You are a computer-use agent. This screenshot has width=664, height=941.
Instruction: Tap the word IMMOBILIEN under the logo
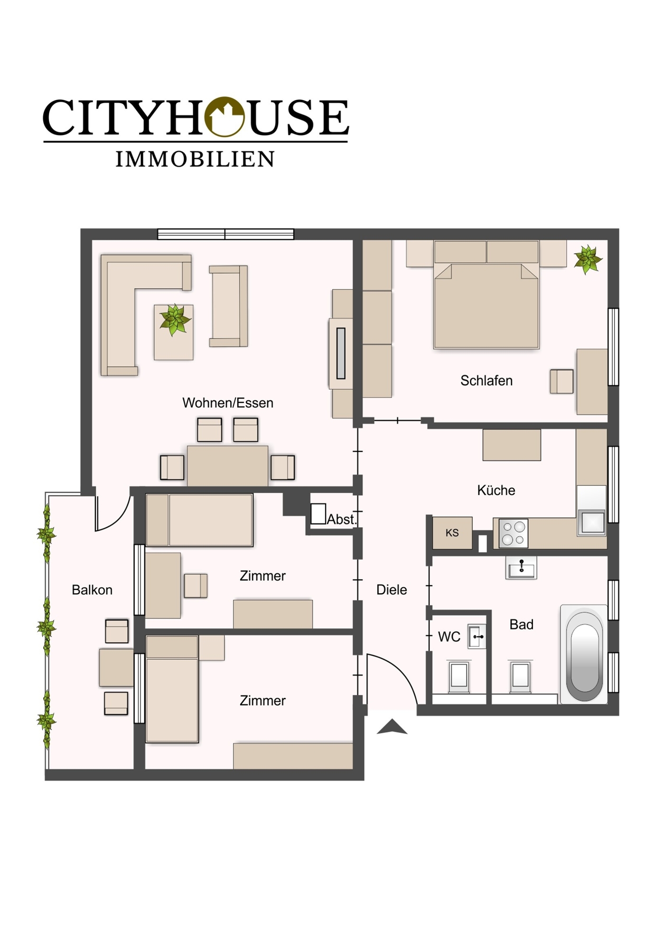(195, 160)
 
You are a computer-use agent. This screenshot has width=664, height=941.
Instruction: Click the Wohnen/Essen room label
(228, 403)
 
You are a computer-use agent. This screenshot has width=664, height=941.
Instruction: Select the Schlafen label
(486, 381)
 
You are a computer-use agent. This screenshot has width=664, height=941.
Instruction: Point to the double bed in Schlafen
(486, 304)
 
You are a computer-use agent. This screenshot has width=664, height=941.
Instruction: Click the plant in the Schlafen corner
(588, 260)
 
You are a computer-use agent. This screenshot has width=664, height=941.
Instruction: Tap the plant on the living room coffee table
(175, 320)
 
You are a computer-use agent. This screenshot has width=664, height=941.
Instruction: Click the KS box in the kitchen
(452, 533)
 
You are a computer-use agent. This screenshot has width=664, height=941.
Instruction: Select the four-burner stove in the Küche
(513, 533)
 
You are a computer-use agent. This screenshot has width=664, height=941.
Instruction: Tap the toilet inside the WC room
(459, 675)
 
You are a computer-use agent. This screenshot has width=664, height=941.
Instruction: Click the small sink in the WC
(477, 637)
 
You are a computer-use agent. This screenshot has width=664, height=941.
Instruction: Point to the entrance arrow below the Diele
(392, 727)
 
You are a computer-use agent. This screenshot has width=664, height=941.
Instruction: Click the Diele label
(392, 590)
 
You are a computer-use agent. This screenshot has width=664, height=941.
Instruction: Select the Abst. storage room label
(341, 520)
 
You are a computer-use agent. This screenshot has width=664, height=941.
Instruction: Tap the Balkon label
(92, 590)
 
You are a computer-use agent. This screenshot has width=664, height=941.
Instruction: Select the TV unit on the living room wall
(341, 353)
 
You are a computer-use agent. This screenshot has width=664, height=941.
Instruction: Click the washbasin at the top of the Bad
(521, 568)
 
